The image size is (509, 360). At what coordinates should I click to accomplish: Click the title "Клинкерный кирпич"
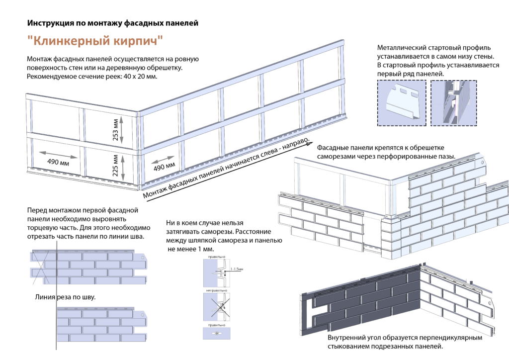pos(95,39)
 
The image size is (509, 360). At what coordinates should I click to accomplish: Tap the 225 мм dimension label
pos(115,167)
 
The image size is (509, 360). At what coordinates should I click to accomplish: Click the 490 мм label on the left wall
pos(58,162)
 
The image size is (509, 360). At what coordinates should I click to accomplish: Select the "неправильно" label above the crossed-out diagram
pos(216,289)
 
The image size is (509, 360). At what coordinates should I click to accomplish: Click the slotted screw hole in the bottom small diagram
pos(217,332)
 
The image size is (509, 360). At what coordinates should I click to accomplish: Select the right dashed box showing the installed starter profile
pos(453,103)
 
